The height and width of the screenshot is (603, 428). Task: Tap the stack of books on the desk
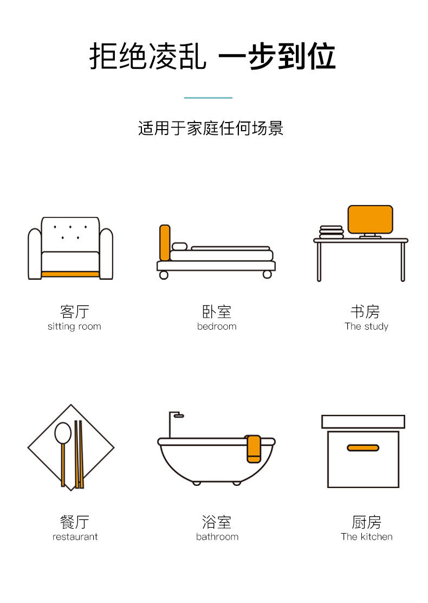point(331,232)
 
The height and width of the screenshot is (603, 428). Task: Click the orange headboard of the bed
point(165,242)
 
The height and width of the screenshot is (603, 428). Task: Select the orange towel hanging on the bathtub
point(254,448)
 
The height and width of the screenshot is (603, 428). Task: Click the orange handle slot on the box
point(363,448)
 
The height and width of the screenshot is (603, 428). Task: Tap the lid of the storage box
point(363,421)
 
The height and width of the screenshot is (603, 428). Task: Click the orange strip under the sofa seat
point(70,274)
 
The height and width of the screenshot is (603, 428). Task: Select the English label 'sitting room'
point(74,326)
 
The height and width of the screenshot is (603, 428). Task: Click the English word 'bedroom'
point(217,326)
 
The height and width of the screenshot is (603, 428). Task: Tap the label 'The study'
point(366,326)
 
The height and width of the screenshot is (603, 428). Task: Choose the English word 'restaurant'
point(75,537)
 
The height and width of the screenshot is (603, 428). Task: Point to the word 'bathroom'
point(217,537)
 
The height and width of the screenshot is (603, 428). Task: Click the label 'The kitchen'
point(366,537)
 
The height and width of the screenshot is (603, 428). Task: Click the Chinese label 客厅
point(74,312)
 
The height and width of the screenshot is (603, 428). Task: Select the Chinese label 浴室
point(217,522)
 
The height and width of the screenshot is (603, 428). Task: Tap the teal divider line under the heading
point(208,98)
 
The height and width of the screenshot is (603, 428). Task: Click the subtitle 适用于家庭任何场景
point(211,129)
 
